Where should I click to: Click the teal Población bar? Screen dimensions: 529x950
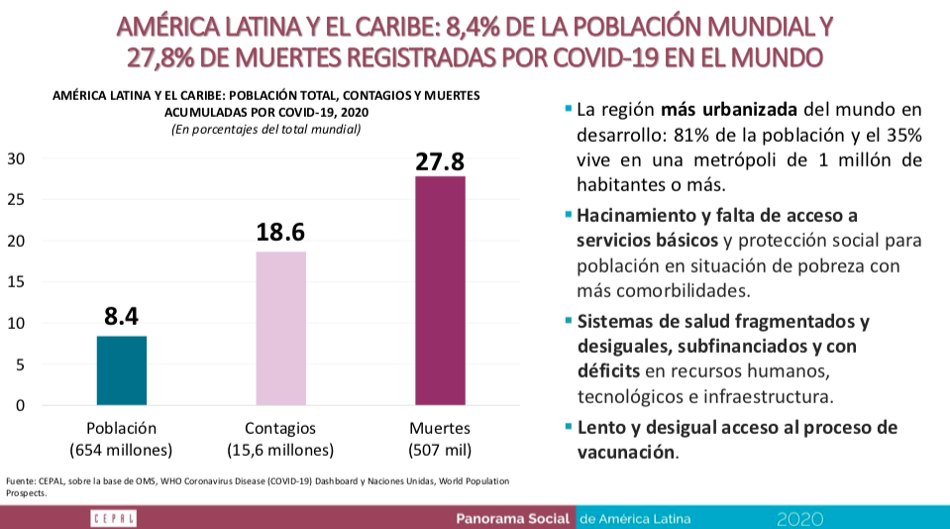122,370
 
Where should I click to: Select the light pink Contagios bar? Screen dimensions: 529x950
280,328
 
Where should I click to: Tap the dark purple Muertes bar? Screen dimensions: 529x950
440,290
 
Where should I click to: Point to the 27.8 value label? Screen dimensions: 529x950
440,161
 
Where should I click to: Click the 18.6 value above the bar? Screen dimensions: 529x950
280,233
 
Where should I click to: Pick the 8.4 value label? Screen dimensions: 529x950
121,317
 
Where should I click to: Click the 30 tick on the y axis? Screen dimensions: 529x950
17,159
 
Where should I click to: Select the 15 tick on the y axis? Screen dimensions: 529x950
17,282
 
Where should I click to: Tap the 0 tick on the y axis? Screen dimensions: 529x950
21,405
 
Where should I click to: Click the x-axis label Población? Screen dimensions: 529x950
122,429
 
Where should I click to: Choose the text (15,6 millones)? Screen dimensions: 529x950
280,450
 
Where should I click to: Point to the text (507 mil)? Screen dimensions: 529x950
440,450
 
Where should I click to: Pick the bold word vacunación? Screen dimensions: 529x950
625,452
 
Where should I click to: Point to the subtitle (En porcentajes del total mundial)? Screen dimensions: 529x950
265,129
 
